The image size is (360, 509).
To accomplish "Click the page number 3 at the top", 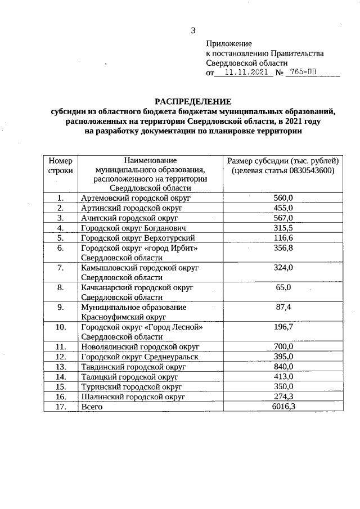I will (192, 30).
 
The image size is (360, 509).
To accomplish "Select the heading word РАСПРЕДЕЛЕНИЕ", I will (193, 102).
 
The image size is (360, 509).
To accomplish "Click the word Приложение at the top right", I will (229, 43).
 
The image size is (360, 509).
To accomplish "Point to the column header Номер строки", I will (60, 165).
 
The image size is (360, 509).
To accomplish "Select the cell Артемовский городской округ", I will (136, 198).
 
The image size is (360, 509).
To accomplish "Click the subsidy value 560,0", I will (283, 197).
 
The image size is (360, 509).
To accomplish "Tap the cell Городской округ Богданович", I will (133, 228).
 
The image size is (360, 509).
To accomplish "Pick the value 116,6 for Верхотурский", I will (283, 238).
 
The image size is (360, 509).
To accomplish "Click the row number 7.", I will (60, 268).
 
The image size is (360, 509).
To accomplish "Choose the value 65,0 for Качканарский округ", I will (283, 287).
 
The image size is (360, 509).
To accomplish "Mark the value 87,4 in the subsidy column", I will (283, 307).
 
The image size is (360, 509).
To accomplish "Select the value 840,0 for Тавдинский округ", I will (283, 366).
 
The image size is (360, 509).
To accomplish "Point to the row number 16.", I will (60, 397).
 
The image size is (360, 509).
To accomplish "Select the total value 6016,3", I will (283, 406).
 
